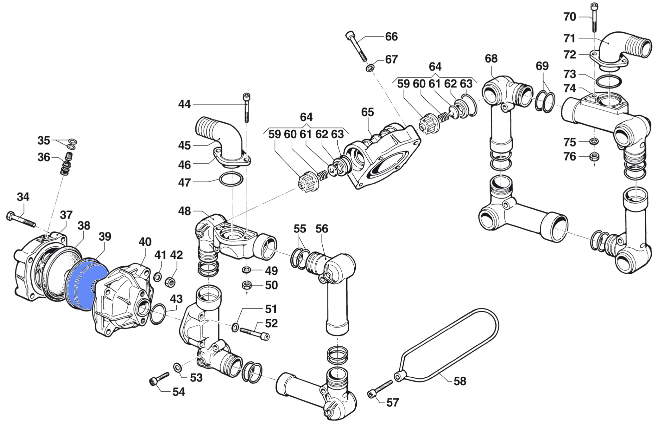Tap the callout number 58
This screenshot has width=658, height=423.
tap(460, 381)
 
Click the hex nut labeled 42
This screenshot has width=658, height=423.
tap(170, 282)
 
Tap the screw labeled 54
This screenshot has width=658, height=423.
tap(159, 379)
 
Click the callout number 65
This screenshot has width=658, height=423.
tap(367, 112)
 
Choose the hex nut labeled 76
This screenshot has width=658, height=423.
tap(594, 156)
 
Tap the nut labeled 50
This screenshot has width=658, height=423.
tap(247, 285)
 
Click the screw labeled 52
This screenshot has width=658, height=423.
tap(255, 333)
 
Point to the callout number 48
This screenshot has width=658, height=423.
tap(184, 211)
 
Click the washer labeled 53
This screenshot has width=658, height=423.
tap(178, 368)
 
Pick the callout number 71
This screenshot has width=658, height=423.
tap(569, 39)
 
